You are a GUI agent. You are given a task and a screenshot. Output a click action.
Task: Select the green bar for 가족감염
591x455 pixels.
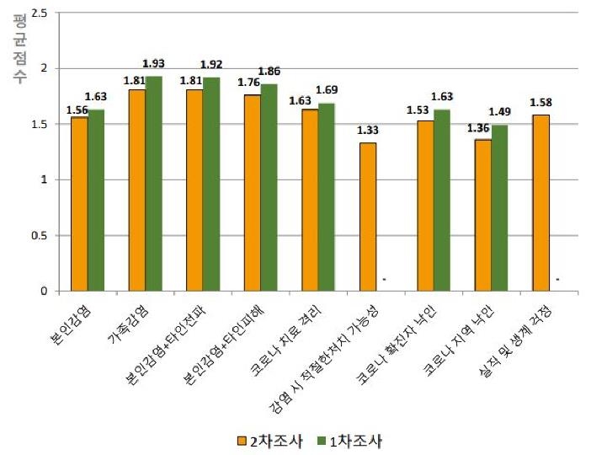click(153, 184)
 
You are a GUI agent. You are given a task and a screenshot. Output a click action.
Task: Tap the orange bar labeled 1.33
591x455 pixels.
click(367, 217)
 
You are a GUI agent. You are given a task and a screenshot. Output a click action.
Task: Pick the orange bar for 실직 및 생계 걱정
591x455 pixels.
click(540, 203)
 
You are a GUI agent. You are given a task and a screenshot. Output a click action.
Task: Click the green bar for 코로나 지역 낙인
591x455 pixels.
click(499, 208)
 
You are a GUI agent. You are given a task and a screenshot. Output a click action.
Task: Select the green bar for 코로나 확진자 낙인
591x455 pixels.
click(442, 201)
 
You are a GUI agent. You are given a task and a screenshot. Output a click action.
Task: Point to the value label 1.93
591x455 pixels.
click(153, 64)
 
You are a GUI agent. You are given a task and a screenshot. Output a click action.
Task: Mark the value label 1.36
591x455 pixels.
click(480, 128)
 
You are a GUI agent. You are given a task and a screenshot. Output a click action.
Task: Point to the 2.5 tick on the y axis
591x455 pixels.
click(39, 13)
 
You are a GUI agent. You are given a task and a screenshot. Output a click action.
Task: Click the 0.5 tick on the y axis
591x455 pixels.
click(39, 236)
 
